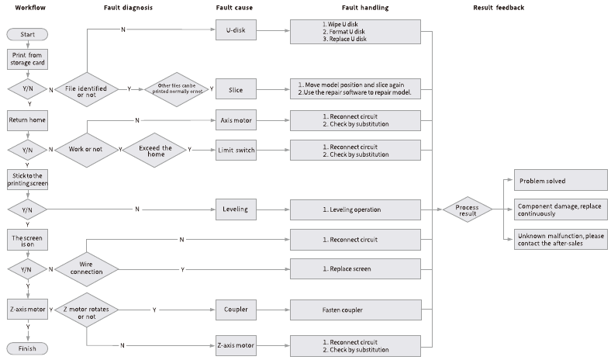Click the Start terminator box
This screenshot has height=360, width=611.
(x=27, y=34)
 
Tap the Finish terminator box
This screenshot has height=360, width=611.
(x=27, y=348)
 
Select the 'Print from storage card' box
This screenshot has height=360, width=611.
(x=27, y=59)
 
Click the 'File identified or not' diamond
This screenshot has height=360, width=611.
(x=87, y=89)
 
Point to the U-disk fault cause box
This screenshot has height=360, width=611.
(x=236, y=30)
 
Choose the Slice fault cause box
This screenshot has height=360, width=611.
(x=236, y=90)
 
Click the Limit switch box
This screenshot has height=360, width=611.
(x=236, y=151)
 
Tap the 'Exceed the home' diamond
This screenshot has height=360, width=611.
(x=155, y=151)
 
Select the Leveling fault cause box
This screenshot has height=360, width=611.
(x=236, y=209)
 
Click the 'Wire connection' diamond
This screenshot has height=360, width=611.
(x=87, y=269)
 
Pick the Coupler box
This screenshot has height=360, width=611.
(x=236, y=310)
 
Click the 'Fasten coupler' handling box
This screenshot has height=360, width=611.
(x=355, y=310)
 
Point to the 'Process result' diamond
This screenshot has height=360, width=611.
(x=468, y=209)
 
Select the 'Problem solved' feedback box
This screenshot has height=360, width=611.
(x=561, y=180)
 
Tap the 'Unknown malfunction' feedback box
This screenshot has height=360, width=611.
(x=561, y=240)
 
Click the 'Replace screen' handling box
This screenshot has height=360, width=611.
(x=355, y=268)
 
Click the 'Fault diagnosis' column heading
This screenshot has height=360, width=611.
(x=128, y=8)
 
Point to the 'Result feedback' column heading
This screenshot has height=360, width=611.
(x=499, y=8)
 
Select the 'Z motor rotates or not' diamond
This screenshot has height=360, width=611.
(x=87, y=310)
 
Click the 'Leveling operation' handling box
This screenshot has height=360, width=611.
(x=355, y=209)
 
